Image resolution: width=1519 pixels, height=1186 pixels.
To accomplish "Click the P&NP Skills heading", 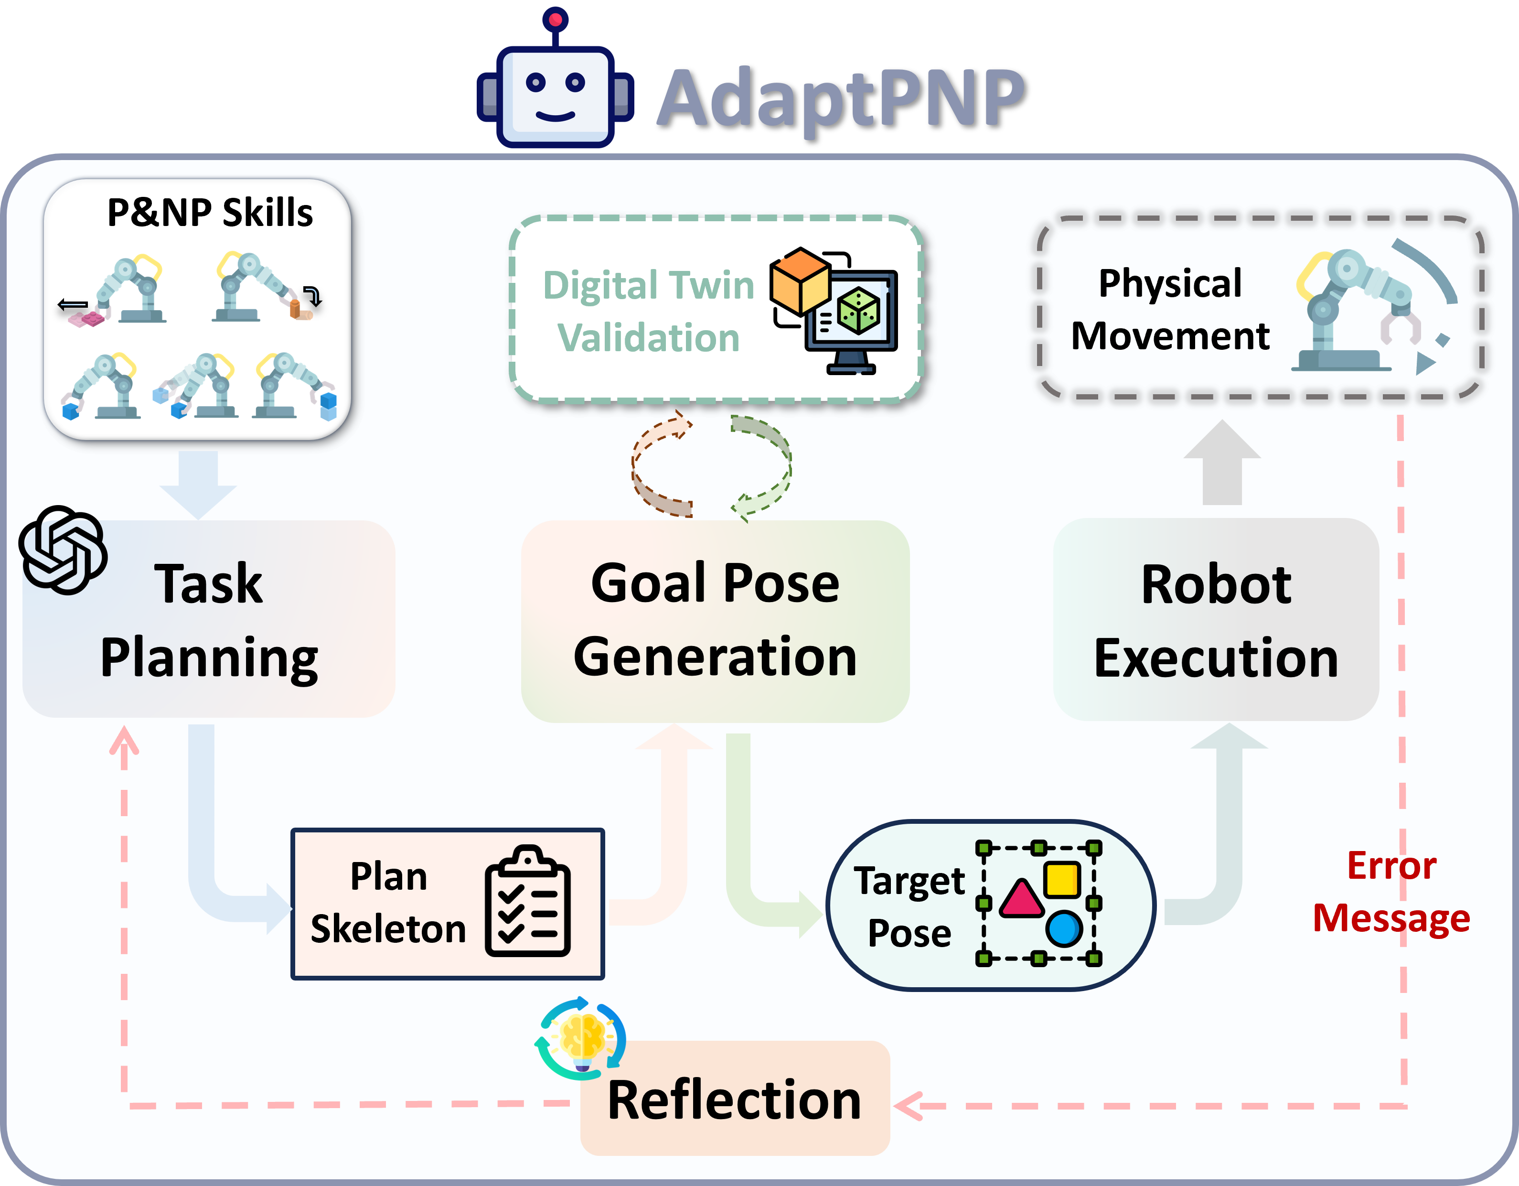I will click(x=210, y=212).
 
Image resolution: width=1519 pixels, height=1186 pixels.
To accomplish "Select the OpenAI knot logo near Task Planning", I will click(x=63, y=550).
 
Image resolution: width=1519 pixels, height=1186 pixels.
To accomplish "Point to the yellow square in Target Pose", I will click(x=1062, y=879).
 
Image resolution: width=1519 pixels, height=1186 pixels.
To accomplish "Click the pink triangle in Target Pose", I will click(x=1021, y=899).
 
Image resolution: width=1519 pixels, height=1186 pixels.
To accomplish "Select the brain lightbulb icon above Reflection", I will click(x=581, y=1037).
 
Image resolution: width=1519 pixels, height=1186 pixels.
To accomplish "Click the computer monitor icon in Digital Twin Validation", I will click(x=853, y=320).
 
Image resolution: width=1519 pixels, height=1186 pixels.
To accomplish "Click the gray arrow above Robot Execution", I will click(x=1222, y=463).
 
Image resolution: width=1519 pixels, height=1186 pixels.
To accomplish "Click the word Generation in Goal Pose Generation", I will click(x=715, y=658).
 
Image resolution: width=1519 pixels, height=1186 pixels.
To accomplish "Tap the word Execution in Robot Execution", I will click(x=1216, y=658).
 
